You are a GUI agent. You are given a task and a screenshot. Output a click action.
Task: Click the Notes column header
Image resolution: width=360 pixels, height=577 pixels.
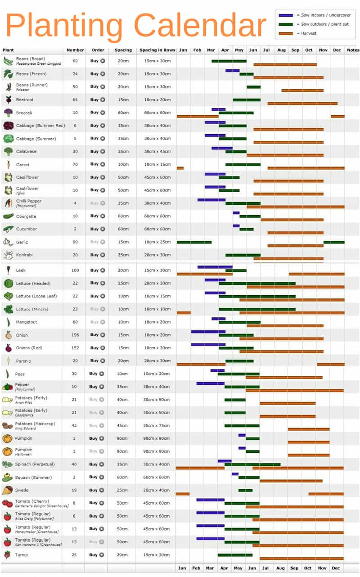coord(353,50)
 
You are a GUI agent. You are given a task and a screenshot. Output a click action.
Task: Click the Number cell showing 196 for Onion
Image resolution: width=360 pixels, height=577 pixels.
coord(75,335)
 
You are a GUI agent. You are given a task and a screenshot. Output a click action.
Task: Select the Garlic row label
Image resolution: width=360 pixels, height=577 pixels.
coord(22,242)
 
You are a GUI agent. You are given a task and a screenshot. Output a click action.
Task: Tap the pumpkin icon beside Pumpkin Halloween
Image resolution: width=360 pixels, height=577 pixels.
coord(7,451)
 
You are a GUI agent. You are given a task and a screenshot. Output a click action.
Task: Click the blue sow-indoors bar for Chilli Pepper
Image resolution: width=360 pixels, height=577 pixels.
coord(211,200)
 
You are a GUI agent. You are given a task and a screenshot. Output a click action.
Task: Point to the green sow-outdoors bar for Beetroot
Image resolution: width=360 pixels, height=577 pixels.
coord(246,99)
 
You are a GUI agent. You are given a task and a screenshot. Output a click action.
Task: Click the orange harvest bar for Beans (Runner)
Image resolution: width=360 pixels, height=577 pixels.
coord(302,90)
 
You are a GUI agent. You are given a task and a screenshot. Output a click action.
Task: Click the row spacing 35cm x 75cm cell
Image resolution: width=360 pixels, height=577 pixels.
coord(157,425)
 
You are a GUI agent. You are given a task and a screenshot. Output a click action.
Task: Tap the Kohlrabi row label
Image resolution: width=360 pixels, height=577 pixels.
coord(24,255)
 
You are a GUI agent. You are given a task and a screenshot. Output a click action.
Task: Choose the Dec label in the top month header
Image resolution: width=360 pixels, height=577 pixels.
coord(337,50)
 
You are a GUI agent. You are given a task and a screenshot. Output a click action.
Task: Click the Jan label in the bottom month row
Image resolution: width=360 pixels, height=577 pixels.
coord(182,568)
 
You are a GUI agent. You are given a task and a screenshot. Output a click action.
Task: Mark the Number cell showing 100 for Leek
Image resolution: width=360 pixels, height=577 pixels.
coord(75,270)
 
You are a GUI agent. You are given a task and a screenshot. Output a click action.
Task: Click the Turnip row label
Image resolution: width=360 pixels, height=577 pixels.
coord(22,555)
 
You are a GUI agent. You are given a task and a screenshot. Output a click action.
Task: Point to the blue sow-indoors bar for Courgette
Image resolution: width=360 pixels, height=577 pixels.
coord(236,213)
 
